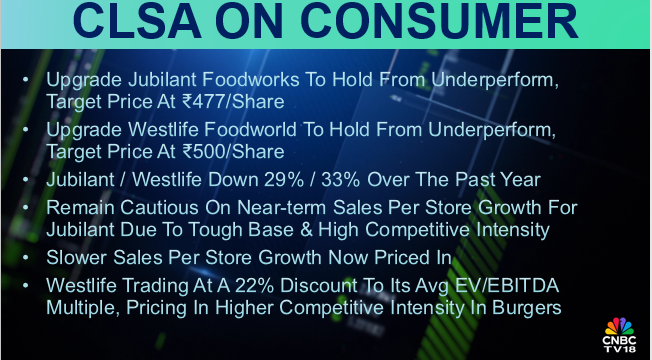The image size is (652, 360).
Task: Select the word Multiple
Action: [81, 306]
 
